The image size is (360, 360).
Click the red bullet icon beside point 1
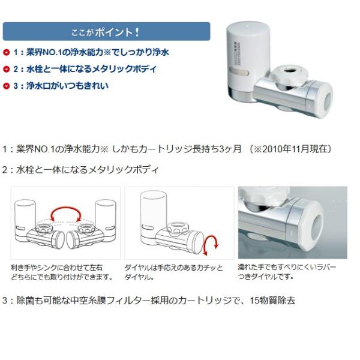(7, 53)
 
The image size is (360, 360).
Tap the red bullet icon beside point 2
(7, 70)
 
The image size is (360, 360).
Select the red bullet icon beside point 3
(7, 86)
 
